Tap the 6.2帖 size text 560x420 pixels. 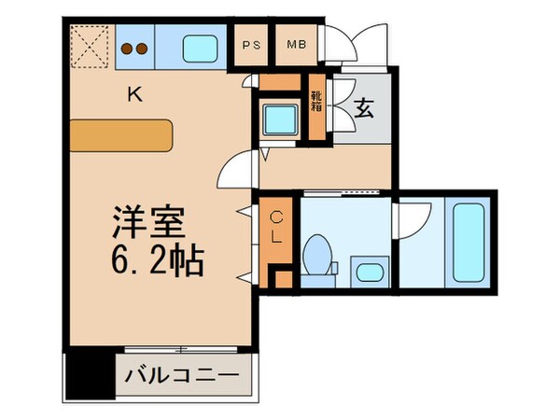click(x=156, y=259)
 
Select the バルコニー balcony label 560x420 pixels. click(x=183, y=377)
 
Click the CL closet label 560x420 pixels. click(x=276, y=229)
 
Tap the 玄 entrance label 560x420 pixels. click(x=365, y=108)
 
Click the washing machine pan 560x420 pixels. click(x=279, y=119)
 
